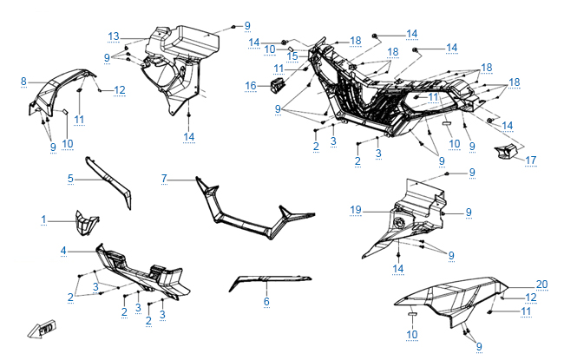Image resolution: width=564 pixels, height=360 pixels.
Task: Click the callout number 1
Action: click(44, 219)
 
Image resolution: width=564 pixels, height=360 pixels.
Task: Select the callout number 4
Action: click(63, 251)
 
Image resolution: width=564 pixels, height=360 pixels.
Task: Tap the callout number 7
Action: click(163, 178)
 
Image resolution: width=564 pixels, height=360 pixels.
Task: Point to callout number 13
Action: click(114, 36)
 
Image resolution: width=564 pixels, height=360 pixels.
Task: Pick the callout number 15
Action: click(293, 56)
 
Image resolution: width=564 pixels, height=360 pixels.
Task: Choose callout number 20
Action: click(542, 285)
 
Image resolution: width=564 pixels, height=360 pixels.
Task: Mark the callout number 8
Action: click(23, 82)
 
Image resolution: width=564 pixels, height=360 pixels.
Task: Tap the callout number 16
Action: click(250, 85)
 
